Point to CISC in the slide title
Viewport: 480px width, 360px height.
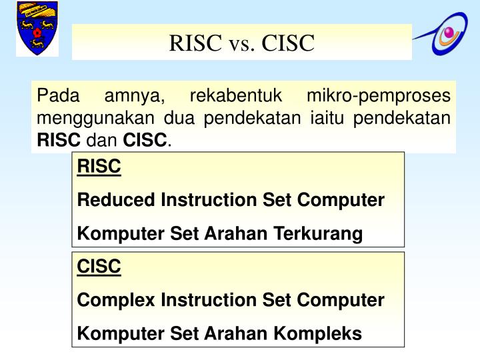point(288,43)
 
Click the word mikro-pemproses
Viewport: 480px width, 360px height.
point(378,97)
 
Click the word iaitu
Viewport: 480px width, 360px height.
point(329,119)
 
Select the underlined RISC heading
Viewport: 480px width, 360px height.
point(99,167)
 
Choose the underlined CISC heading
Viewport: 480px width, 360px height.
point(99,267)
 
